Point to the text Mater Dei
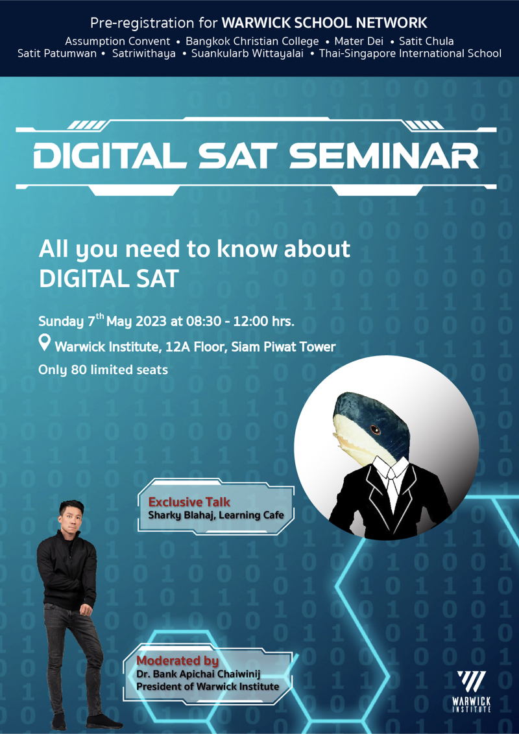pos(359,41)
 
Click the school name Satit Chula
pos(426,41)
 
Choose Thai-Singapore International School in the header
pos(410,53)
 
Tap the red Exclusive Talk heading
pos(189,503)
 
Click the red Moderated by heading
pos(178,661)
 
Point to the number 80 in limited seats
pos(78,370)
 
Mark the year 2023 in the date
pos(152,322)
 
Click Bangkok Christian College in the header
pos(252,41)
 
